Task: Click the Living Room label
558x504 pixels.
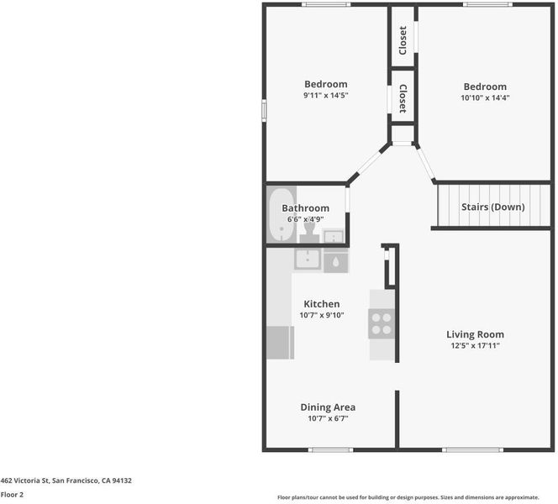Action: (x=475, y=334)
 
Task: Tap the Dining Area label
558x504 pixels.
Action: (x=328, y=407)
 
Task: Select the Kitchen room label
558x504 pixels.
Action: (x=321, y=304)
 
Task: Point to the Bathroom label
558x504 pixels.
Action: (x=305, y=208)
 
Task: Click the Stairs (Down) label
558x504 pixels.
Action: (x=493, y=207)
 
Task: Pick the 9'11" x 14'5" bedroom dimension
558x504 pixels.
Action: (x=325, y=95)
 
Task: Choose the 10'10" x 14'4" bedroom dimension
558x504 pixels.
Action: (x=485, y=97)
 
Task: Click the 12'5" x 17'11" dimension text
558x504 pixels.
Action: (x=475, y=345)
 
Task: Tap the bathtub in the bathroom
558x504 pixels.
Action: (x=282, y=215)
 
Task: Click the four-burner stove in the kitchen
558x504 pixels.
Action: (x=382, y=323)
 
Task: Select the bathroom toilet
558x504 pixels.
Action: (x=309, y=229)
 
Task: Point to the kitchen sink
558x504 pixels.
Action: (x=308, y=259)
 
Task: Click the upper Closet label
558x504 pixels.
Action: (x=403, y=40)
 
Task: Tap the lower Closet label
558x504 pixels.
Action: (x=403, y=98)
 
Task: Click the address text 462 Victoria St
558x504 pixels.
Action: (x=24, y=480)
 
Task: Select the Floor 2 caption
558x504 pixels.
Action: (x=12, y=495)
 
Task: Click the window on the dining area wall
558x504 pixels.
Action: (x=330, y=450)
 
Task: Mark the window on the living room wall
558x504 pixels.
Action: (x=473, y=450)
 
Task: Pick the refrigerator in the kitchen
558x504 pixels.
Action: (x=280, y=343)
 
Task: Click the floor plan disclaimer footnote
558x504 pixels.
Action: (x=408, y=497)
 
